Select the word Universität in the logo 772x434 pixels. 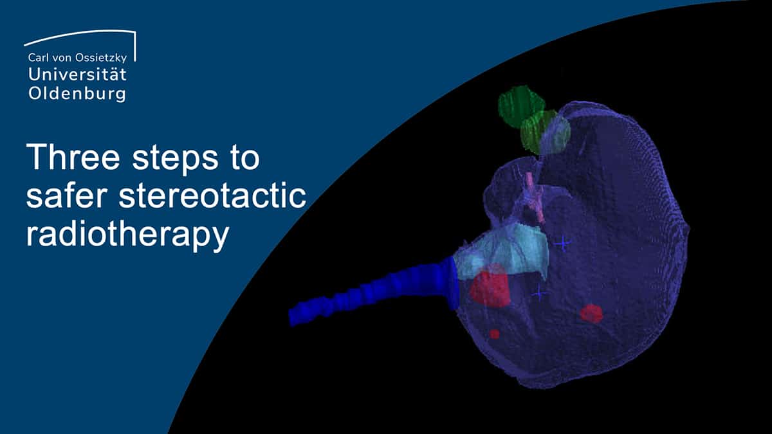click(78, 75)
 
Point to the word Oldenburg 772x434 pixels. click(77, 94)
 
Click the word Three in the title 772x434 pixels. click(73, 157)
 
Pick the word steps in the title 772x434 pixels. click(176, 159)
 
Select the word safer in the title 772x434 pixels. click(68, 195)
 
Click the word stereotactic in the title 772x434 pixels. click(213, 195)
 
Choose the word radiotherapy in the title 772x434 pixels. click(127, 235)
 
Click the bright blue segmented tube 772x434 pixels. click(374, 291)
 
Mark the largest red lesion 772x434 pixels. click(490, 287)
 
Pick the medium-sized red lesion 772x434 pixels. click(591, 314)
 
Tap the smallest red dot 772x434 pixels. click(495, 334)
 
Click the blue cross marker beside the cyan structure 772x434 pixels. click(563, 244)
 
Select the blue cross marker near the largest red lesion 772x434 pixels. click(539, 293)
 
